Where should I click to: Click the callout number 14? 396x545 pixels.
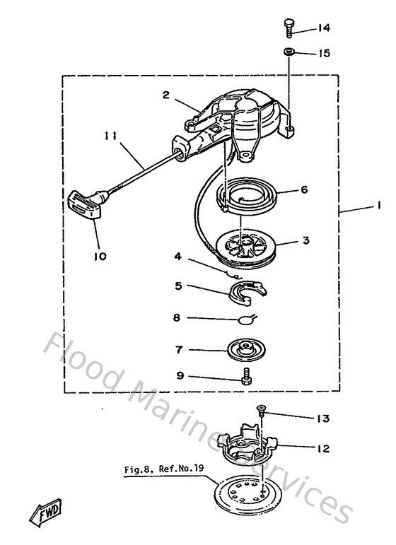(x=324, y=28)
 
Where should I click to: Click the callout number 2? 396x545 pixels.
(x=165, y=93)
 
